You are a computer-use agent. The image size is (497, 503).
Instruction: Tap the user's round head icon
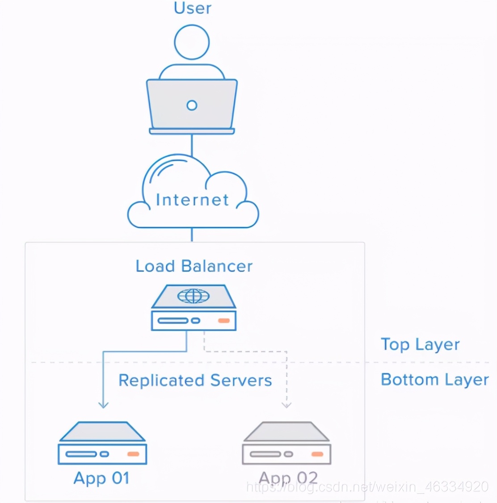[192, 42]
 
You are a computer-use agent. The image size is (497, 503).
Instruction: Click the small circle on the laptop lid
[192, 105]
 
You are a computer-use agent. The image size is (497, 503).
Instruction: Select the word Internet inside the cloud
[192, 200]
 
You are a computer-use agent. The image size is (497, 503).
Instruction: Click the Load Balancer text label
[194, 266]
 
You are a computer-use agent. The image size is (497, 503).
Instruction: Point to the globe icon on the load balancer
[194, 296]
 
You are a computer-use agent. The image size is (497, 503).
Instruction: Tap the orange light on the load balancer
[223, 320]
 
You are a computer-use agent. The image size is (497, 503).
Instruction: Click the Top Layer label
[420, 345]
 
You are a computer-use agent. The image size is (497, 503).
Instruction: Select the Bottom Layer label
[435, 380]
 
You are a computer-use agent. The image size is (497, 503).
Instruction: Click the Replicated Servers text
[195, 381]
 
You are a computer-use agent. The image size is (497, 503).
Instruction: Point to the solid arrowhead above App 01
[103, 405]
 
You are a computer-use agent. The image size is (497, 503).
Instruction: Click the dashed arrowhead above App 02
[286, 405]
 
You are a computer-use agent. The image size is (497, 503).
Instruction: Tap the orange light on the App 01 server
[133, 454]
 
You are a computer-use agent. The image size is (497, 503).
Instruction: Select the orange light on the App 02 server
[317, 454]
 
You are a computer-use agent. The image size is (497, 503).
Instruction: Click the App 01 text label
[101, 478]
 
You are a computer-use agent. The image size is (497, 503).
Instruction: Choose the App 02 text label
[288, 478]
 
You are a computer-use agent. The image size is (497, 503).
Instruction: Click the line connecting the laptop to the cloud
[192, 145]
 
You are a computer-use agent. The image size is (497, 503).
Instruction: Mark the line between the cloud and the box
[192, 235]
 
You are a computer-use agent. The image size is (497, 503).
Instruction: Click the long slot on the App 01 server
[81, 454]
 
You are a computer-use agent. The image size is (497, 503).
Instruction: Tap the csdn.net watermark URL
[368, 486]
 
